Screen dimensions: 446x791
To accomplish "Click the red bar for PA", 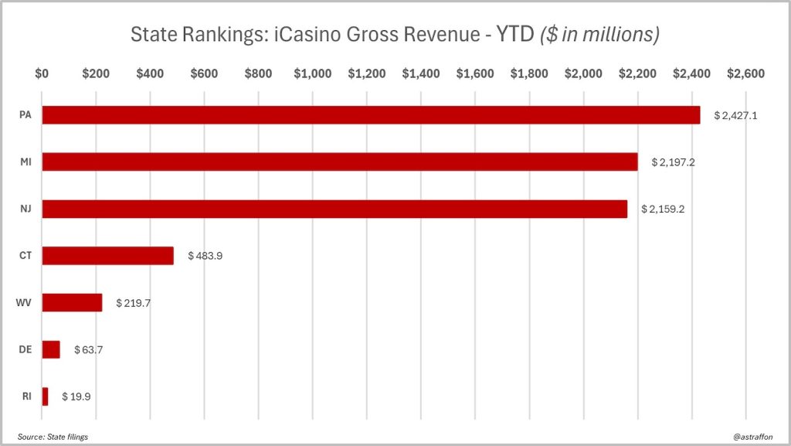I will [x=371, y=115].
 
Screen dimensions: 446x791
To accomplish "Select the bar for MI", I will [x=340, y=162].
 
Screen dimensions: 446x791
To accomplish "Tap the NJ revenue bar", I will [x=334, y=209].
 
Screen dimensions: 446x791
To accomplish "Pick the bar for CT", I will [x=107, y=256].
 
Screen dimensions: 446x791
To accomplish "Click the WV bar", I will [x=72, y=302].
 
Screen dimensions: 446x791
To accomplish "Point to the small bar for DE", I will [x=51, y=349].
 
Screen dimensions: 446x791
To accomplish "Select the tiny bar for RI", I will [x=45, y=397].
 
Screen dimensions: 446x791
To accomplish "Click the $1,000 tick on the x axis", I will [x=312, y=74].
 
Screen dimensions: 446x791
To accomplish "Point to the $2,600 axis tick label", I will [x=745, y=74].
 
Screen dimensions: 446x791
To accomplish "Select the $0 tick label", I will [x=42, y=74].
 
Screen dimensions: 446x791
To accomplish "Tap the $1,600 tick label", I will [x=474, y=74].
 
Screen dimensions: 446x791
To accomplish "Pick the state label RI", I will [x=25, y=397].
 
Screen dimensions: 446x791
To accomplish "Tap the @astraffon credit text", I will [x=752, y=437].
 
